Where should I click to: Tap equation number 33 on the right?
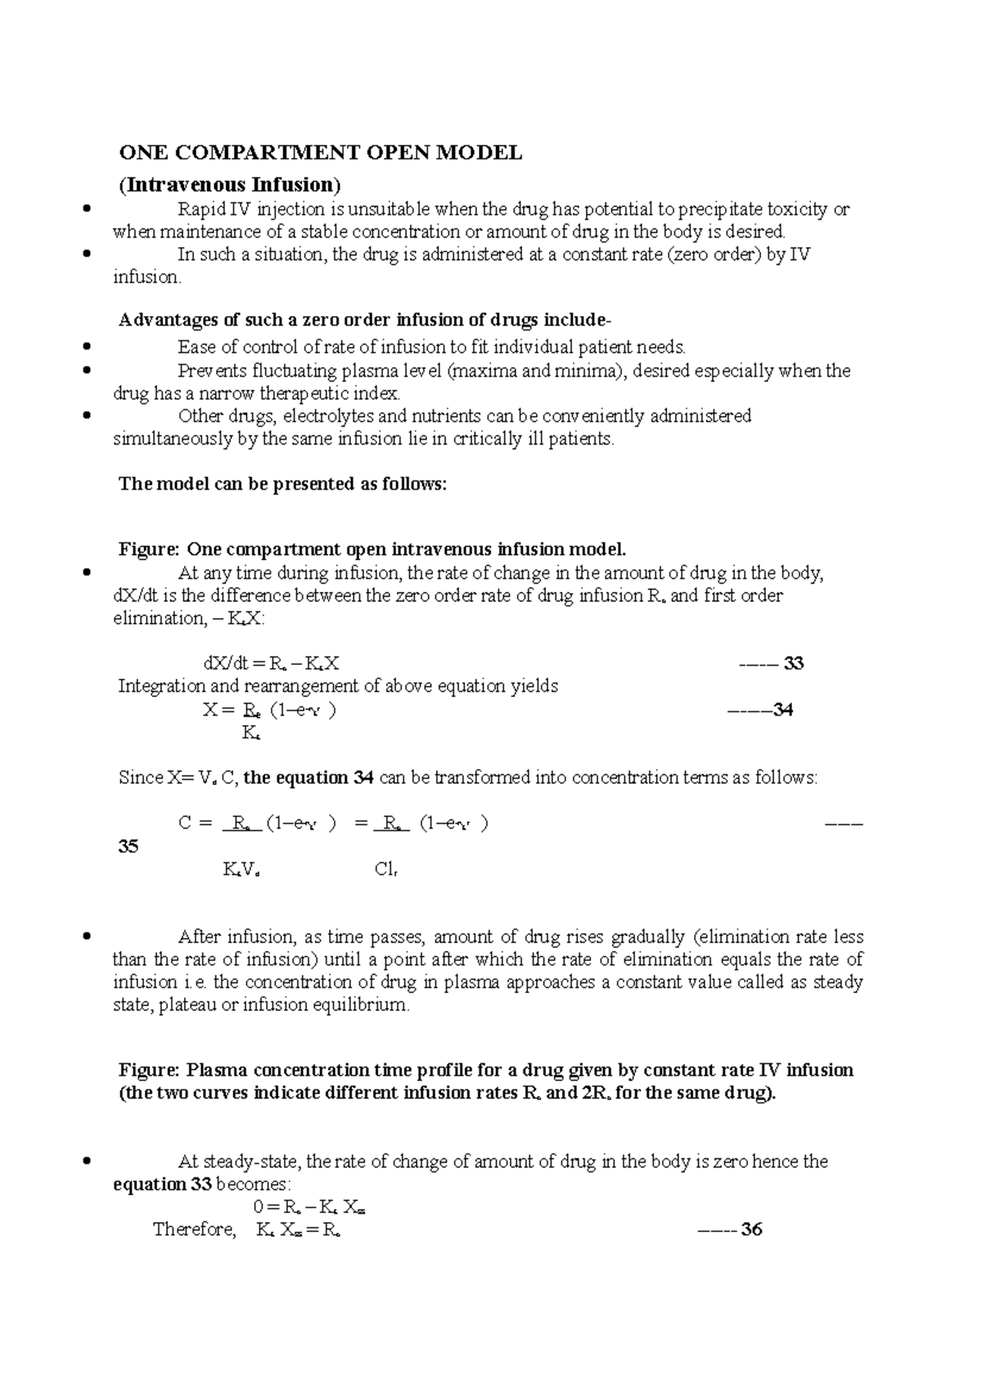[793, 663]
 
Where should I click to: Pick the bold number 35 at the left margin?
[128, 846]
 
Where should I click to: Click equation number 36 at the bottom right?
[751, 1230]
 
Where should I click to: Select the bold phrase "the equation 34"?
[309, 778]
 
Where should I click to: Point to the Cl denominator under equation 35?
[385, 870]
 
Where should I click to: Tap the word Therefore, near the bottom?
[194, 1230]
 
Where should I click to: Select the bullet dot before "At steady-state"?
[87, 1161]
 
